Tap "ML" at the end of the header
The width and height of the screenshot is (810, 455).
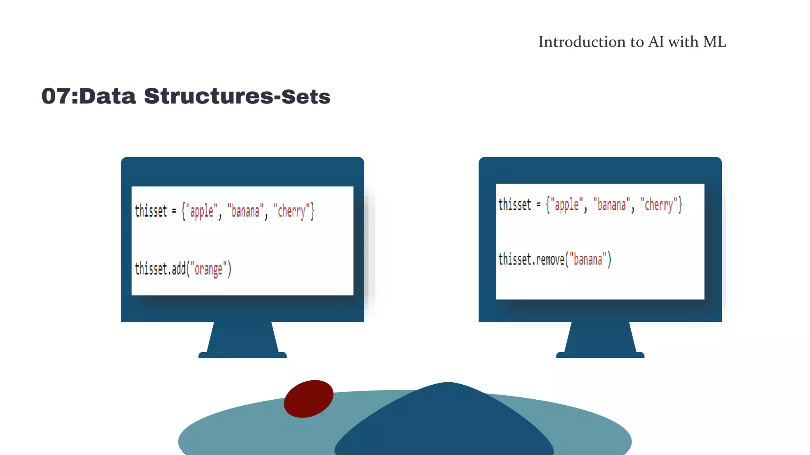714,42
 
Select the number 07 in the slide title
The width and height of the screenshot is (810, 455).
56,96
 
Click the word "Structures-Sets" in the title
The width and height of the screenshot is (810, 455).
237,96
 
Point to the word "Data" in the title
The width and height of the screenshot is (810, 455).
108,96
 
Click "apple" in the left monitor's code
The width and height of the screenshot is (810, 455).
202,211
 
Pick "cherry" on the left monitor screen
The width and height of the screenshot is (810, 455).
292,211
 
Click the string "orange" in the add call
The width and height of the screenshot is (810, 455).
208,269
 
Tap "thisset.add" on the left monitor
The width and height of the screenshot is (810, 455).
160,269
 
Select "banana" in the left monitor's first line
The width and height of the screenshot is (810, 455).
245,211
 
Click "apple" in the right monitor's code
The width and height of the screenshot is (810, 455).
566,205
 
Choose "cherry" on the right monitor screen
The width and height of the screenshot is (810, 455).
659,205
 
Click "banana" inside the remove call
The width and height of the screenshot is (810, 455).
588,259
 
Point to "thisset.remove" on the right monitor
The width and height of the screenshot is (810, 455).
531,259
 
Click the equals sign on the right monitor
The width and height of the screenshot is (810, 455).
538,205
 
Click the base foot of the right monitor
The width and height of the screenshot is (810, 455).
600,355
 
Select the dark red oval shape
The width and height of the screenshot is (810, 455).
308,399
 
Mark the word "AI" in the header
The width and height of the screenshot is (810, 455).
656,42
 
